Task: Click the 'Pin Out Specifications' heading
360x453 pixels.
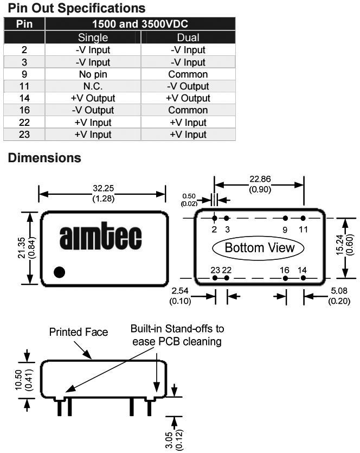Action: click(x=76, y=8)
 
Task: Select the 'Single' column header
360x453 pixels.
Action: click(x=93, y=37)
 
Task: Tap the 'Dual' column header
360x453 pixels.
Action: click(x=188, y=37)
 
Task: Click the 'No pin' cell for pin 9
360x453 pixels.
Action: click(x=93, y=74)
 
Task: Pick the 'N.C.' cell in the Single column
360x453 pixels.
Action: click(x=93, y=86)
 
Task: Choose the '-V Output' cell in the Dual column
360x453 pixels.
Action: click(x=188, y=86)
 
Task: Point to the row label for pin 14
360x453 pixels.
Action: click(x=24, y=98)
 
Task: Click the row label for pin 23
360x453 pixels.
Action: click(x=24, y=135)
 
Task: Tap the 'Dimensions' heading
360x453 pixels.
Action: click(x=44, y=158)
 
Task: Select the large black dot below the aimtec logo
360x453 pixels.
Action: click(x=59, y=272)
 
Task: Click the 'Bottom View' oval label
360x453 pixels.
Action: click(x=259, y=248)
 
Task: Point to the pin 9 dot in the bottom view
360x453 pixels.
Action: click(x=285, y=218)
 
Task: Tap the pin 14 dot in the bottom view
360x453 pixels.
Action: click(x=303, y=278)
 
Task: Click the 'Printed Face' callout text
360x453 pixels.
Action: click(x=79, y=332)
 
